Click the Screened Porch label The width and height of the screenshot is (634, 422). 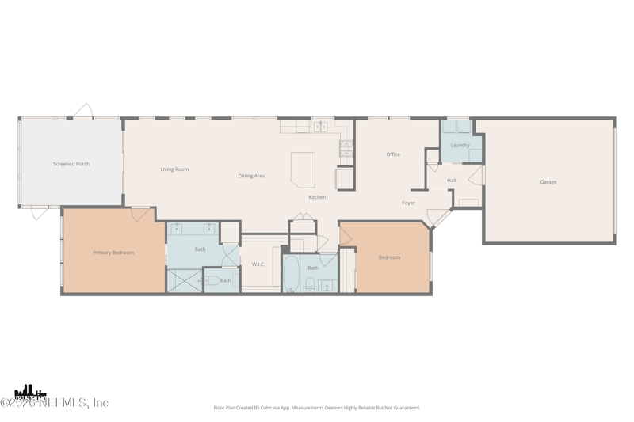pyautogui.click(x=71, y=164)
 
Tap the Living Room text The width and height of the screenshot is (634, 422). pyautogui.click(x=174, y=169)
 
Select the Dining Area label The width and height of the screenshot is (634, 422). pyautogui.click(x=251, y=176)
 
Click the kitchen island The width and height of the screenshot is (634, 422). pyautogui.click(x=303, y=169)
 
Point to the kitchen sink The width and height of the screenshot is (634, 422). pyautogui.click(x=320, y=127)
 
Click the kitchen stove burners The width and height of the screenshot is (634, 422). pyautogui.click(x=346, y=148)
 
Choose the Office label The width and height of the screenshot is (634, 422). pyautogui.click(x=393, y=154)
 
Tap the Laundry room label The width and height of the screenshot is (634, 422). pyautogui.click(x=460, y=145)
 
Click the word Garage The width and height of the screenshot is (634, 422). pyautogui.click(x=548, y=182)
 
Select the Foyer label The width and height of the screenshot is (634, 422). pyautogui.click(x=408, y=203)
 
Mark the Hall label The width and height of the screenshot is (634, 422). pyautogui.click(x=451, y=181)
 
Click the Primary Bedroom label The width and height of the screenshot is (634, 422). pyautogui.click(x=113, y=253)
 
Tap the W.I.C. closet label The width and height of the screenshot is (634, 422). pyautogui.click(x=258, y=264)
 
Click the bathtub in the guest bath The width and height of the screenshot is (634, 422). pyautogui.click(x=291, y=274)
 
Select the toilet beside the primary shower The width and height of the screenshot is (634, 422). pyautogui.click(x=212, y=280)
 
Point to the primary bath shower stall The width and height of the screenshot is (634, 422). pyautogui.click(x=185, y=281)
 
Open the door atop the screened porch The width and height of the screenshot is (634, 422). pyautogui.click(x=83, y=111)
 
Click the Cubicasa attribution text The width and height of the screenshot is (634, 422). pyautogui.click(x=317, y=408)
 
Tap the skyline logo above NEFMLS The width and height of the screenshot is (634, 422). pyautogui.click(x=30, y=391)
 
